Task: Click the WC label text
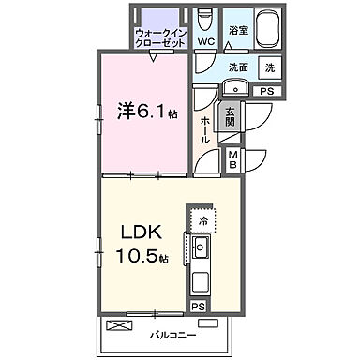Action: point(207,42)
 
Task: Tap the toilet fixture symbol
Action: point(207,18)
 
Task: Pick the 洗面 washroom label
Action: point(238,67)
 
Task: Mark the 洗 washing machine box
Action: point(270,67)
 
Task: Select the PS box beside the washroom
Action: point(266,90)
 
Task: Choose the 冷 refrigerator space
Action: point(202,222)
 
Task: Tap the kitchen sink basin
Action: point(201,250)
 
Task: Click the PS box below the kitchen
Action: point(198,306)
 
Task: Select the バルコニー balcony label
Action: point(170,333)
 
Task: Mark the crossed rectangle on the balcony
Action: point(120,325)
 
